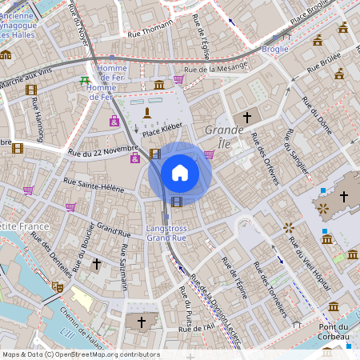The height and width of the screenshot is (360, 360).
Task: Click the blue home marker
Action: coord(180,173)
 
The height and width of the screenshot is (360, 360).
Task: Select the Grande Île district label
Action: coord(224,136)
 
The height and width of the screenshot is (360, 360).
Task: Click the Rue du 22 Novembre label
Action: coord(104,151)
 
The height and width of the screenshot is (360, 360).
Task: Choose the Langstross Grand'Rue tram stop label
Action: coord(167,234)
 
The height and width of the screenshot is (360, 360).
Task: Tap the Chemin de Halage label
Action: coord(82,336)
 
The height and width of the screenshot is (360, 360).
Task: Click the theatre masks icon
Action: coord(58,286)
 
